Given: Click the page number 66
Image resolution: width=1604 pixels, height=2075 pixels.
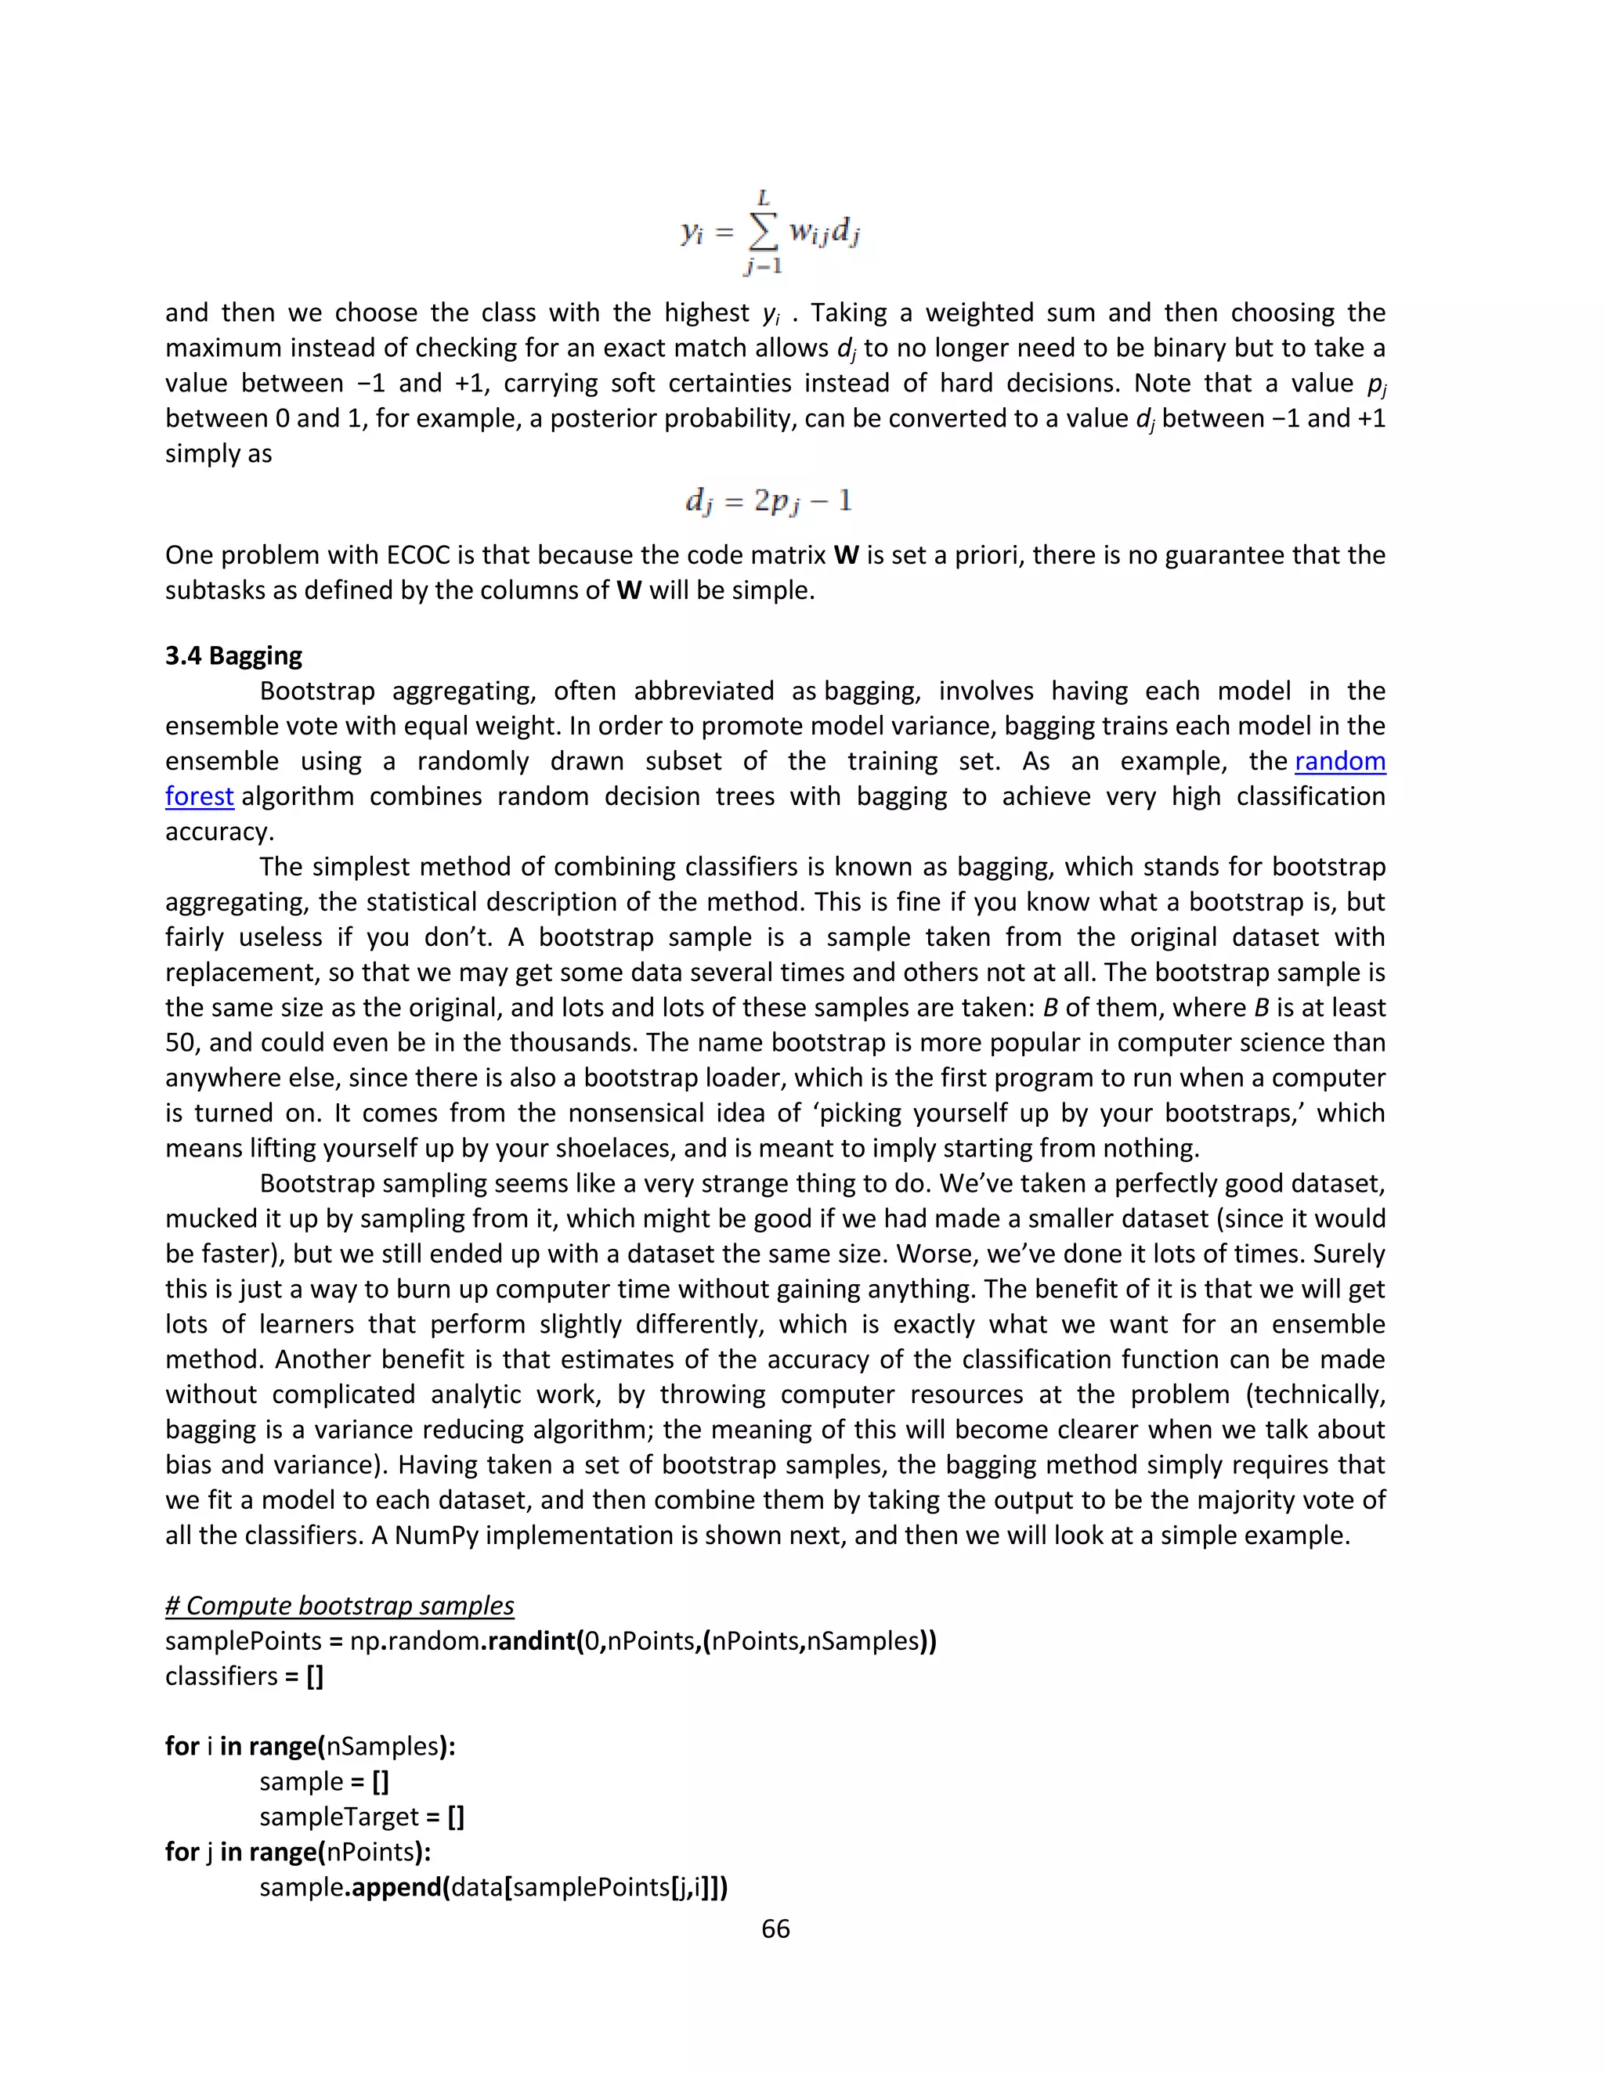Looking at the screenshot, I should pos(775,1928).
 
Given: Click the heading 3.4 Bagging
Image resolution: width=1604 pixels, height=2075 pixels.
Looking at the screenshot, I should pos(233,655).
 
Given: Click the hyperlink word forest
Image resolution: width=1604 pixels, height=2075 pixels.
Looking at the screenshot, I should pos(200,796).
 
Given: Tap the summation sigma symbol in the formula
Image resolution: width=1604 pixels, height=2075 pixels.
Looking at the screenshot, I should pos(762,232).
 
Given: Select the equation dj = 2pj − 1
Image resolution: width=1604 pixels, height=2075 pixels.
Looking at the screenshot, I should pos(769,500).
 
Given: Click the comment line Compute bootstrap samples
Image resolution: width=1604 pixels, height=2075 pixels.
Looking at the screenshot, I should pos(339,1606).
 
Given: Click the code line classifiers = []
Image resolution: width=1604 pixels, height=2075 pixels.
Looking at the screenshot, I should pos(244,1676).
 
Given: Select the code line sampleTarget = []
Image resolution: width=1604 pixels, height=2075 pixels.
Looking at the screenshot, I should pos(362,1817).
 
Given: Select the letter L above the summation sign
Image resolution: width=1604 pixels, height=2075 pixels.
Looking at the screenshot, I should pos(762,197).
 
